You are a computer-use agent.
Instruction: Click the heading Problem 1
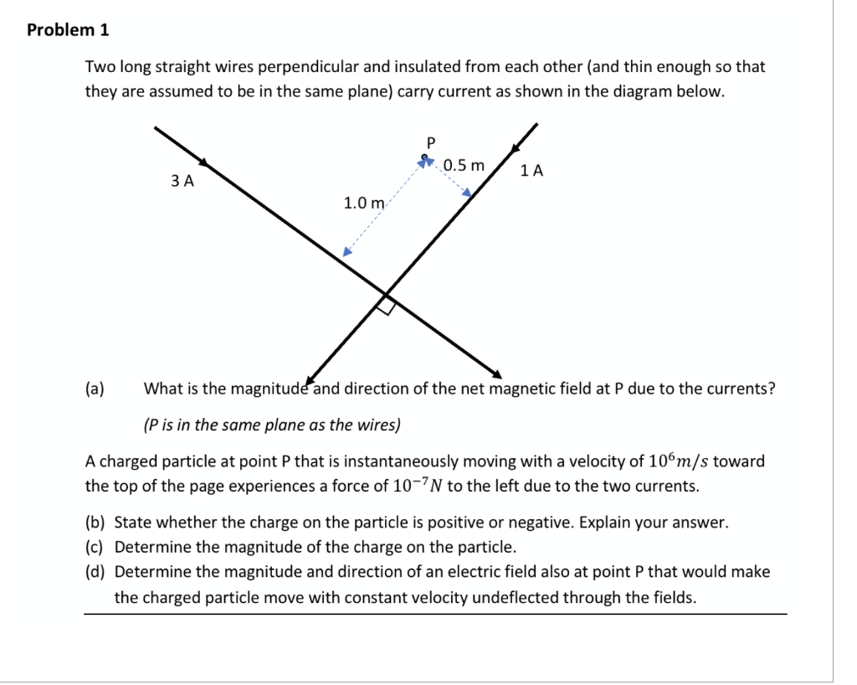pyautogui.click(x=68, y=30)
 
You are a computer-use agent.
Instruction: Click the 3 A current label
pyautogui.click(x=182, y=180)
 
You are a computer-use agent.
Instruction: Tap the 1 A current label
pyautogui.click(x=531, y=172)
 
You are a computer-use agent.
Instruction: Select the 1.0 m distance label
pyautogui.click(x=363, y=203)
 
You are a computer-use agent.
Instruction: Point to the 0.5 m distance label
pyautogui.click(x=464, y=165)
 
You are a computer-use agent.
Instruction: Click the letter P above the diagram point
pyautogui.click(x=432, y=142)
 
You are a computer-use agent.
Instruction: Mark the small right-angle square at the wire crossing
pyautogui.click(x=385, y=306)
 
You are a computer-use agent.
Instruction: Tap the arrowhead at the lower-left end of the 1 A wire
pyautogui.click(x=313, y=375)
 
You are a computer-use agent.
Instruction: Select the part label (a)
pyautogui.click(x=95, y=389)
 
